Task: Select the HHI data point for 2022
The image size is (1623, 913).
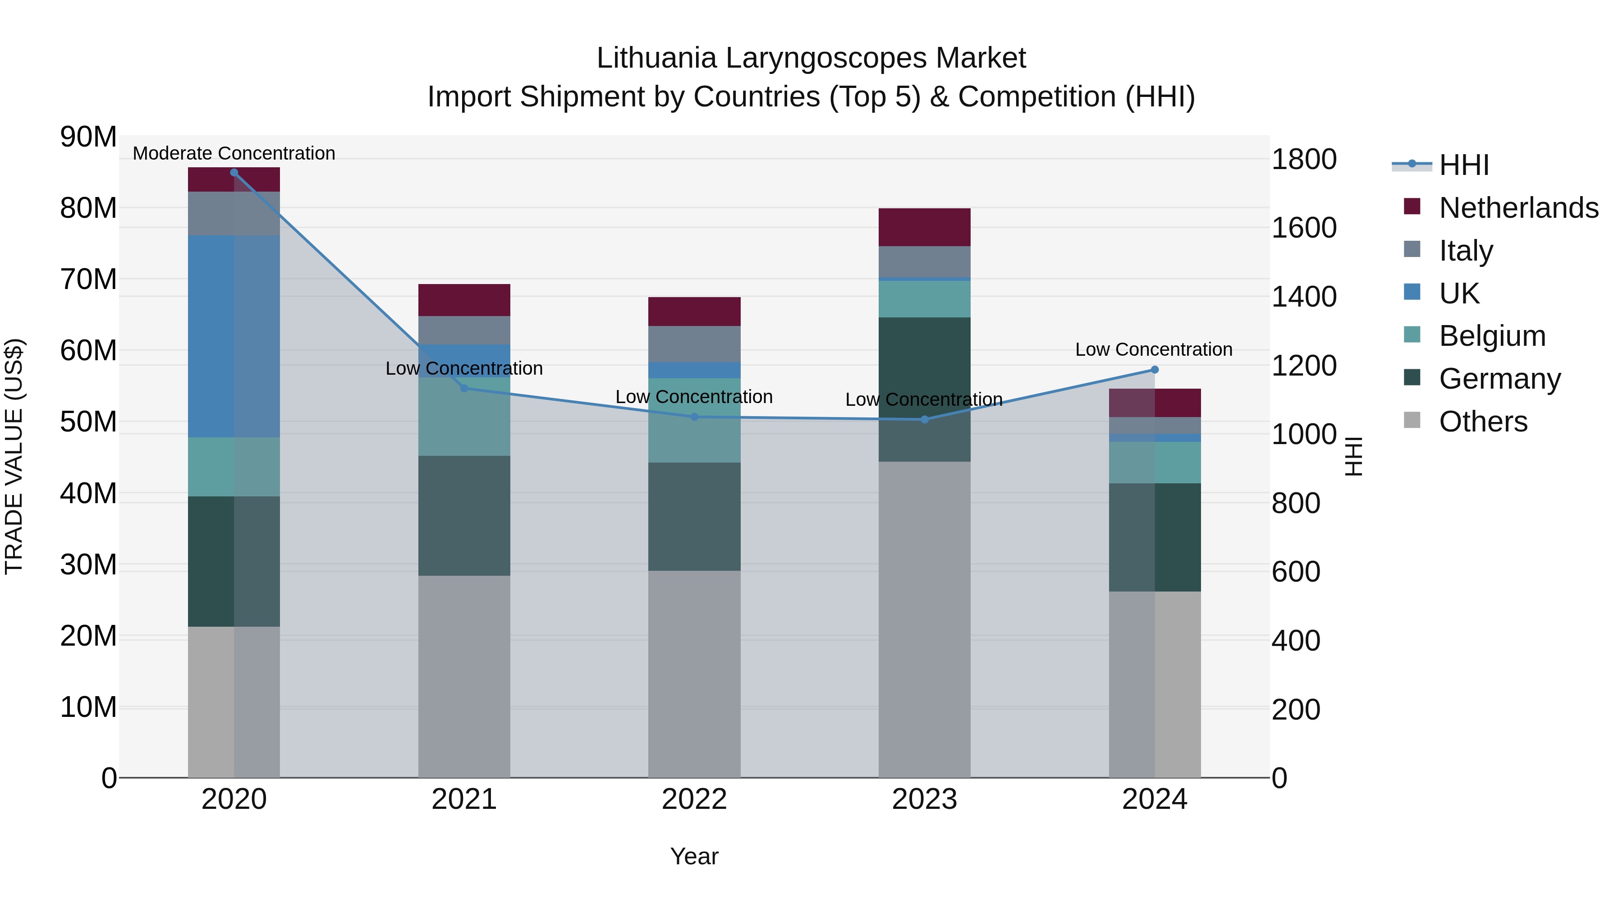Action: coord(694,417)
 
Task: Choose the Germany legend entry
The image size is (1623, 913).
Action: coord(1499,379)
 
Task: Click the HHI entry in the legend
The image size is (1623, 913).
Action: coord(1463,165)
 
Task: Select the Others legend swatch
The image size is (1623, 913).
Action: coord(1412,420)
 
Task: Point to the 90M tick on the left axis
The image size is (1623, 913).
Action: coord(88,137)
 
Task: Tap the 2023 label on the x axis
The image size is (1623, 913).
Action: coord(924,799)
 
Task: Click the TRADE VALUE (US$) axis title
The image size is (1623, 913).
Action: coord(14,456)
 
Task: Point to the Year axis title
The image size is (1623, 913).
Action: coord(694,856)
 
